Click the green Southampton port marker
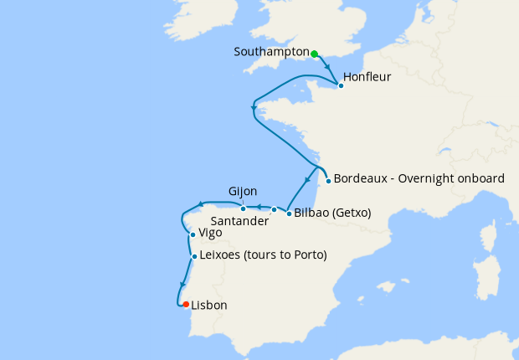(315, 54)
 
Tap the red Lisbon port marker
(186, 305)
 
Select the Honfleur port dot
(340, 85)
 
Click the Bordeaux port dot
(328, 181)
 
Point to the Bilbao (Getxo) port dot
(289, 213)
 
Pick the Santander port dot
(274, 209)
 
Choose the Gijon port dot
(244, 209)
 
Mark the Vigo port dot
(193, 235)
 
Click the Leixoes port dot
(194, 256)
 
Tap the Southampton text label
(272, 52)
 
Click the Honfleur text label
(367, 77)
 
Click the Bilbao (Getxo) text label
(332, 213)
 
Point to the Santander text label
(239, 222)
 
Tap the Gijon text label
(243, 192)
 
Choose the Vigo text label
(210, 234)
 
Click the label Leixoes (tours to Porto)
(263, 255)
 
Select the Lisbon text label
(209, 306)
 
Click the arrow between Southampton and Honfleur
(327, 69)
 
